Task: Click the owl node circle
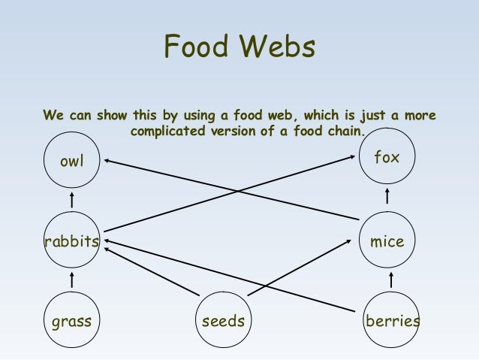[x=72, y=162]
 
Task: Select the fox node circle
[x=387, y=159]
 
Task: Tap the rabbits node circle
[x=72, y=241]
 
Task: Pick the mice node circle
[x=387, y=241]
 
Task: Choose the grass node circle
[x=72, y=322]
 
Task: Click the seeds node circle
[x=224, y=322]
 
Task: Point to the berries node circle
[x=391, y=322]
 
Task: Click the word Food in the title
[x=197, y=47]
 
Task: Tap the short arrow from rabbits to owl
[x=72, y=201]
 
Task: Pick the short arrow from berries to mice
[x=391, y=280]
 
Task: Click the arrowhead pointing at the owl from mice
[x=108, y=160]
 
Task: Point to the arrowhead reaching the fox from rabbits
[x=354, y=156]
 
